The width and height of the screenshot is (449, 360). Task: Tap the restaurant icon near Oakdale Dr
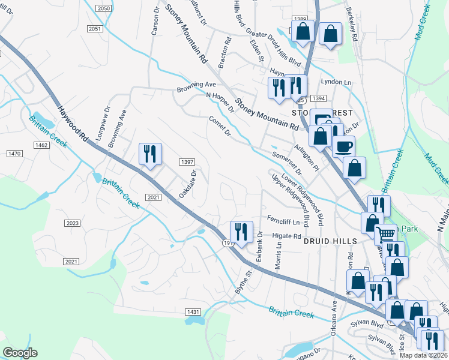coord(149,154)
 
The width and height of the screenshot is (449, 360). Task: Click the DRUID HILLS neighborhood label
coord(330,241)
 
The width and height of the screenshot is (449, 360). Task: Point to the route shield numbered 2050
coord(104,8)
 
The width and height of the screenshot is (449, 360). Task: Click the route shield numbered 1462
coord(41,145)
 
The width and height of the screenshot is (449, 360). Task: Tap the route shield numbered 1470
coord(14,154)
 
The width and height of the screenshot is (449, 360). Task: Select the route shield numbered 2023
coord(72,223)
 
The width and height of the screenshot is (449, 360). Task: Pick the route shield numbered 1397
coord(187,162)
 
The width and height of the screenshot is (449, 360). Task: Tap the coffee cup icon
coord(343,146)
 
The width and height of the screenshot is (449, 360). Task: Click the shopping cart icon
coord(385,233)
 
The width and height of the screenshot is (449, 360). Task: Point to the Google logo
coord(19,353)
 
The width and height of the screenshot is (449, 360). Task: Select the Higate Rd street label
coord(289,236)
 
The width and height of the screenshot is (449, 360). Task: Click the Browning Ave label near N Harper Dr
coord(196,87)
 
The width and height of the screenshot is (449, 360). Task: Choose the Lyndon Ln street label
coord(336,82)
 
